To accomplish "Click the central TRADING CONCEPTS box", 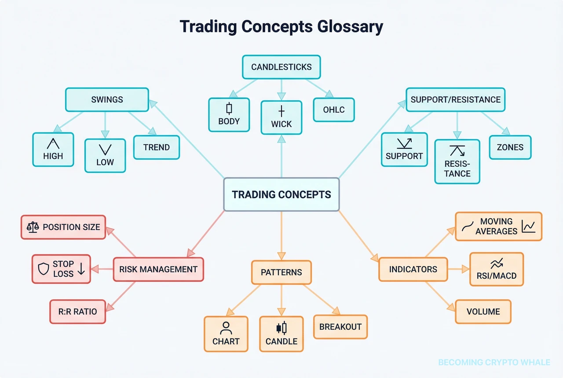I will [281, 195].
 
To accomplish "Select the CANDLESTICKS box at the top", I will [281, 67].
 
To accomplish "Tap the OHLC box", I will [334, 110].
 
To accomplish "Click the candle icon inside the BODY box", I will [229, 108].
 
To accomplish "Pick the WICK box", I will [281, 117].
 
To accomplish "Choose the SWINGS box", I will [107, 99].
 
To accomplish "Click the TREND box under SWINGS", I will [156, 147].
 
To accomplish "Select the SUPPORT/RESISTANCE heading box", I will [455, 99].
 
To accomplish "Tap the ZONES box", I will [510, 147].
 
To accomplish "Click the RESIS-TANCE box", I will [457, 161].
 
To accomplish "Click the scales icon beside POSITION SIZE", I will [33, 227].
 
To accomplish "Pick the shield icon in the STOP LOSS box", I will [44, 269].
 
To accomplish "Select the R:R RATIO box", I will [77, 312].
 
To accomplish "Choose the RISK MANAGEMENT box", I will [158, 269].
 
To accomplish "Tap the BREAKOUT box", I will [340, 327].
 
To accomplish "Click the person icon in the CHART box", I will [226, 328].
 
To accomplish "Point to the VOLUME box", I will [483, 312].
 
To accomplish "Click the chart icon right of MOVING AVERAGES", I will [528, 226].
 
